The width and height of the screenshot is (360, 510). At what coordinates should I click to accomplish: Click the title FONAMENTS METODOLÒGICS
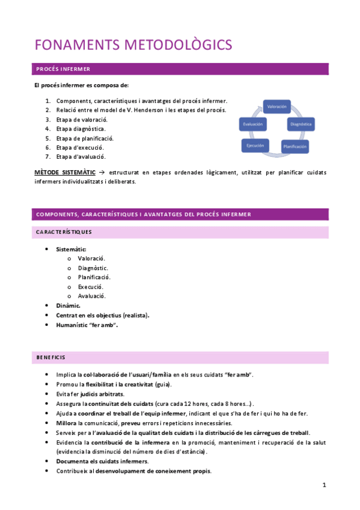tap(133, 45)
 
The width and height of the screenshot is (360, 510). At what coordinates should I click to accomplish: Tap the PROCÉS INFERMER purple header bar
tap(181, 69)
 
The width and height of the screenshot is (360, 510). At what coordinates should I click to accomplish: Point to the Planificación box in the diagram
tap(296, 146)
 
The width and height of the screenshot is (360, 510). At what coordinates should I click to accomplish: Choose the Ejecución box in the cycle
tap(255, 146)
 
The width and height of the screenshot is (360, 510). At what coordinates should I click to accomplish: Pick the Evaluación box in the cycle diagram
tap(251, 124)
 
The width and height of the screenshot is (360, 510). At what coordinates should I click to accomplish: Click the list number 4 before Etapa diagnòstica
tap(47, 129)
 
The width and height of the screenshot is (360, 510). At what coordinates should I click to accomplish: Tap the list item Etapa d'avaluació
tap(81, 157)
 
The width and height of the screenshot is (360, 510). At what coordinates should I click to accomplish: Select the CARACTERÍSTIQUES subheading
tap(64, 232)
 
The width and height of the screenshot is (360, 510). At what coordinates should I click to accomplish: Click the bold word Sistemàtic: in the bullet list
tap(71, 249)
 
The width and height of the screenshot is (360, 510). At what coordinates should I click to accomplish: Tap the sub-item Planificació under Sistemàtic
tap(94, 277)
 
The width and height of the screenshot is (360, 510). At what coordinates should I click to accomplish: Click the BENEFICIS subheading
tap(50, 357)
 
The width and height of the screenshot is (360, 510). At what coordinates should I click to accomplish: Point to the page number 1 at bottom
tap(323, 485)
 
